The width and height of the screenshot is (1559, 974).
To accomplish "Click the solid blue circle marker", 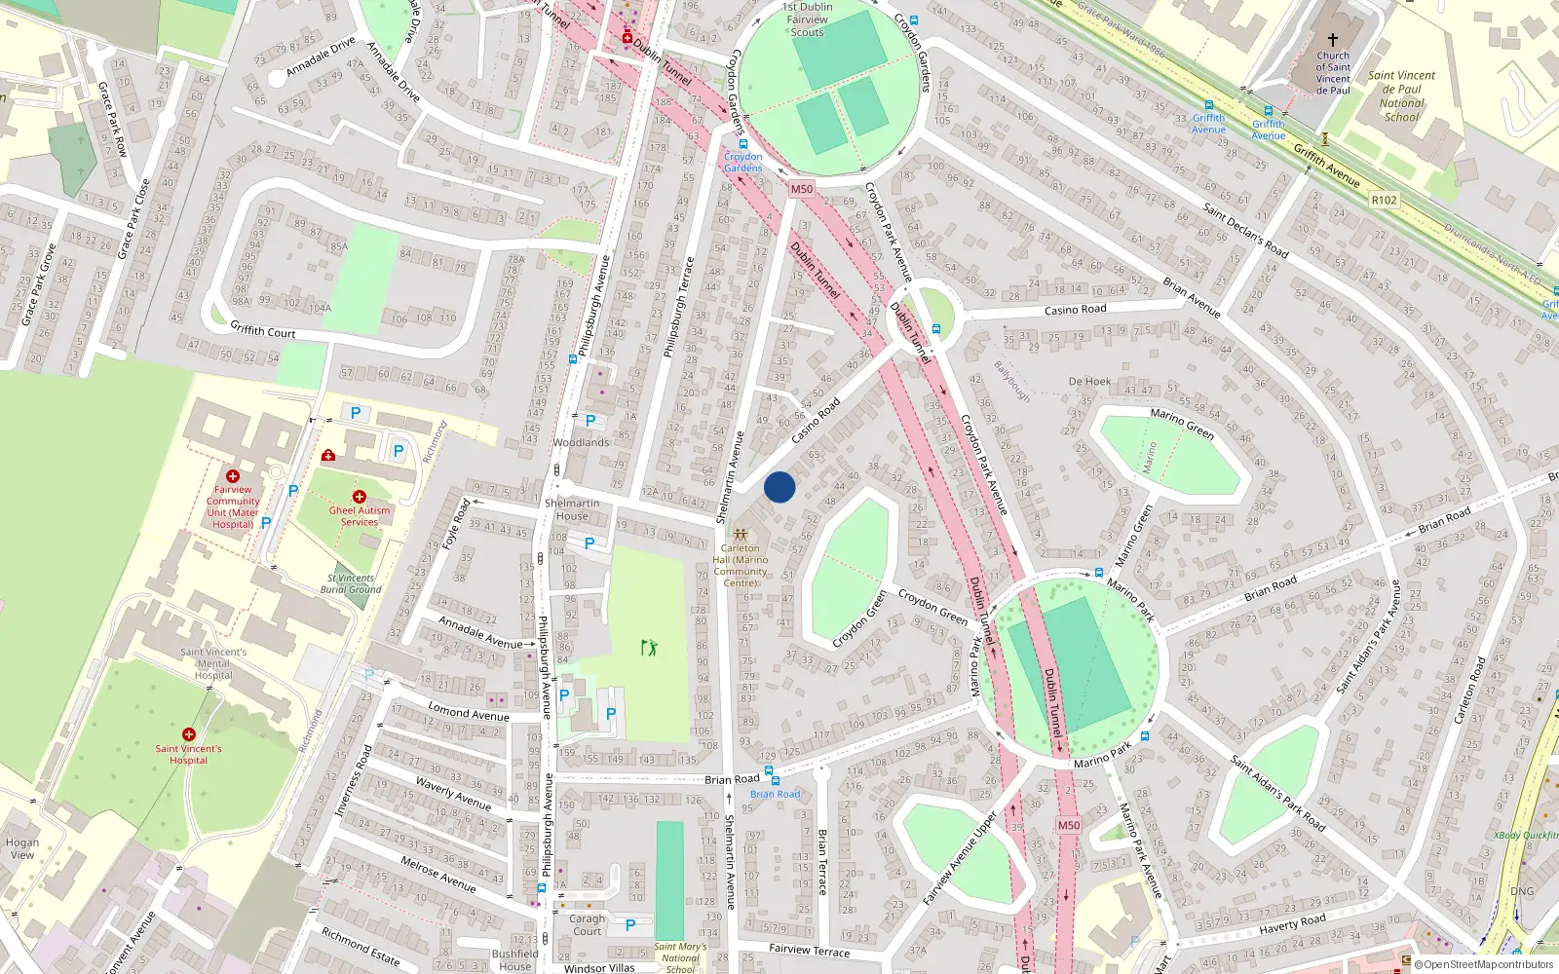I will point(779,487).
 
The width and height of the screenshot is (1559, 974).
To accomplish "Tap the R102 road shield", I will point(1384,200).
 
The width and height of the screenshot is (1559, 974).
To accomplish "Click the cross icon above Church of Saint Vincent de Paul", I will point(1333,40).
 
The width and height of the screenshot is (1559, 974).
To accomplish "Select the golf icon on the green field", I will point(649,647).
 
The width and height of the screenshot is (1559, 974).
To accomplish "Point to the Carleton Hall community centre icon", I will point(741,535).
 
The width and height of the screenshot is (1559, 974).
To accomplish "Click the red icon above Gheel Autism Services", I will point(360,497).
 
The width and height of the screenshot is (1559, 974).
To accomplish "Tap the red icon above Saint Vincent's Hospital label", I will point(189,734).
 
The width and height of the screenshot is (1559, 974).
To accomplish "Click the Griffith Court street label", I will point(263,330).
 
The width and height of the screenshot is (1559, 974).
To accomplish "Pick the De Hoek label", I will point(1089,382).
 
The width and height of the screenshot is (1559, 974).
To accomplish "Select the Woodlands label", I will point(581,442).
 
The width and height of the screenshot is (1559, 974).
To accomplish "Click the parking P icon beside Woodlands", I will point(589,421).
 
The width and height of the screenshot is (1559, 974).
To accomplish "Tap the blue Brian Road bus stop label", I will point(776,794).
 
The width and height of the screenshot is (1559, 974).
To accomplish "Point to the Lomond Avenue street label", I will point(469,713).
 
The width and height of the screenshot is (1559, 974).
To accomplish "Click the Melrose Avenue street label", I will point(438,874).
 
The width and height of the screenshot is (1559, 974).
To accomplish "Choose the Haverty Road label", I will point(1292,922).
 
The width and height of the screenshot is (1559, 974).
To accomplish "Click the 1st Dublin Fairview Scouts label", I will point(807,19).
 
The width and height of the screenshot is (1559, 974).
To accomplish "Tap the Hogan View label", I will point(22,848).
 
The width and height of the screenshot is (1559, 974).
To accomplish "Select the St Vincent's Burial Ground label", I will point(351,583).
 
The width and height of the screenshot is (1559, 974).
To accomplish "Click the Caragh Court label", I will point(588,924).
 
